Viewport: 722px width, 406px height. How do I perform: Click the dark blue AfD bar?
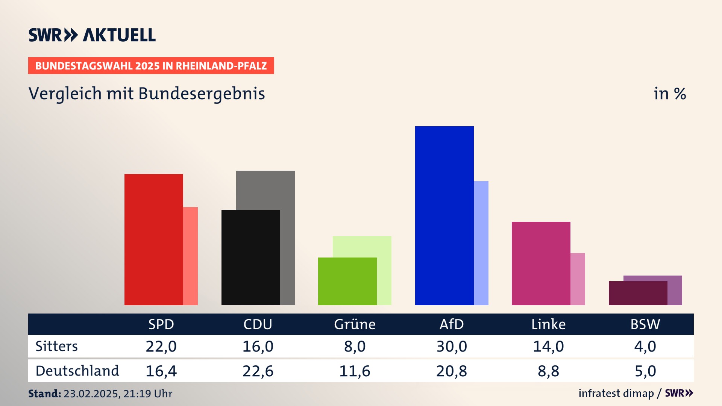[444, 215]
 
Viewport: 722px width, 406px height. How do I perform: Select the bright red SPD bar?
[153, 239]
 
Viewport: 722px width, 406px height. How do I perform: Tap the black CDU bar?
[250, 257]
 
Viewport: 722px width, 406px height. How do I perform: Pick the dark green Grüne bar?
[347, 281]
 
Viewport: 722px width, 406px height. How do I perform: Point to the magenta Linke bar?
[541, 263]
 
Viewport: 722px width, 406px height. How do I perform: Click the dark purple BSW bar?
[638, 293]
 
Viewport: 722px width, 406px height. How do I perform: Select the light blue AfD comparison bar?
[481, 243]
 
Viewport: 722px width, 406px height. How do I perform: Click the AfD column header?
[452, 324]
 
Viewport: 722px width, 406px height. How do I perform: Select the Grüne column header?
[355, 324]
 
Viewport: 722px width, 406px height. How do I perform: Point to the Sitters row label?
[56, 346]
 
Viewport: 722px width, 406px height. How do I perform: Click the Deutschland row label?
[77, 371]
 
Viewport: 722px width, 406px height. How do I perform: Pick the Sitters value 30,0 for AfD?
[452, 346]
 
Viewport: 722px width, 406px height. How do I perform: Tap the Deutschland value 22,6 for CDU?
[258, 371]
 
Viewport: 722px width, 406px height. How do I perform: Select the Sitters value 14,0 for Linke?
[548, 346]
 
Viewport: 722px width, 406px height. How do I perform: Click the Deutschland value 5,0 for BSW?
[645, 371]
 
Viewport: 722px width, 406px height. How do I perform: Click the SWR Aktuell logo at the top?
[92, 35]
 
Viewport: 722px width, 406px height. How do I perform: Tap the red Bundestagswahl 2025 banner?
[151, 66]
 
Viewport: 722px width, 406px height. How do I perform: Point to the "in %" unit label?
[670, 94]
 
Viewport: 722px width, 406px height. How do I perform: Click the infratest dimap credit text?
[616, 393]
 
